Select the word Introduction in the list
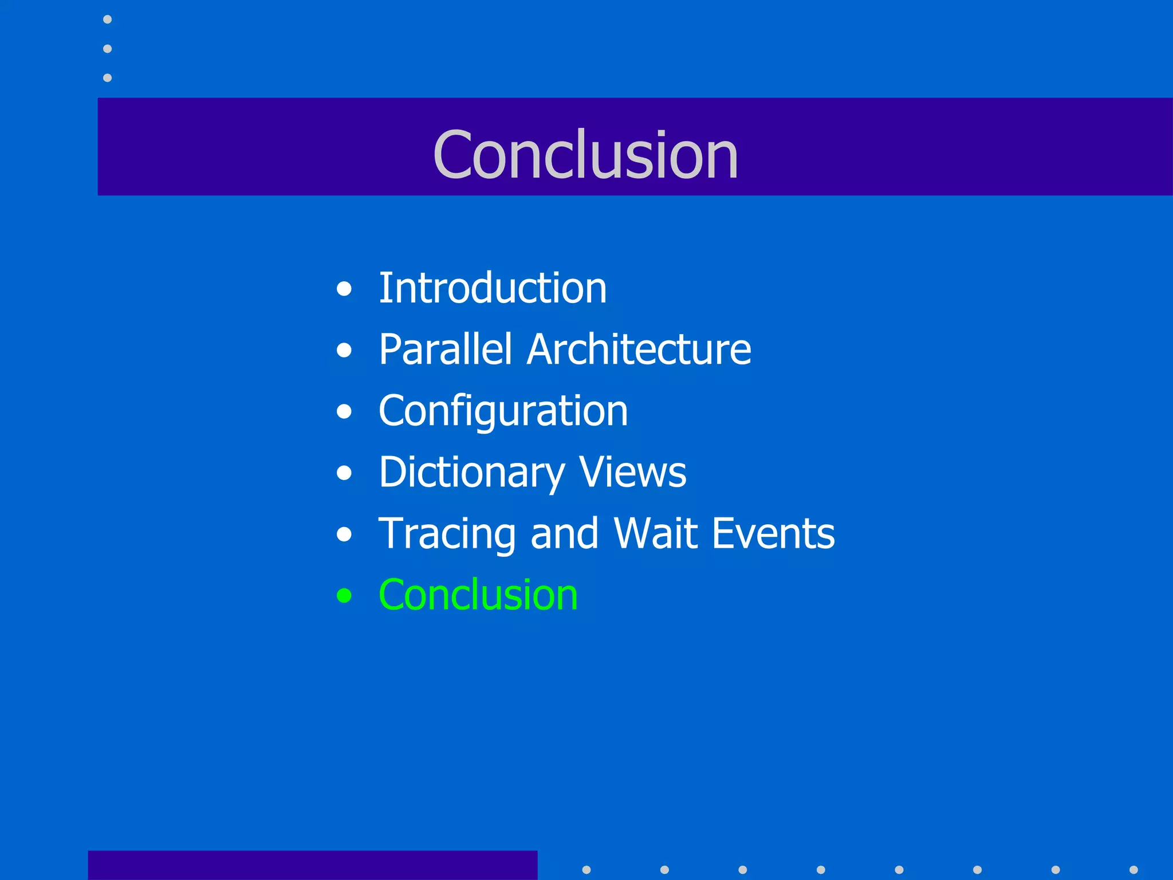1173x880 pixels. click(x=493, y=288)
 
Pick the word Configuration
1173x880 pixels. click(x=503, y=411)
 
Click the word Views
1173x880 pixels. click(x=632, y=473)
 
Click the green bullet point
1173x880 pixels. click(x=344, y=596)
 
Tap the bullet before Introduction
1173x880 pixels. click(x=344, y=289)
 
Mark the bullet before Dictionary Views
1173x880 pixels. click(x=344, y=473)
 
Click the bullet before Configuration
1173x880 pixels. click(x=344, y=411)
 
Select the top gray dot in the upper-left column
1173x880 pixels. click(x=107, y=19)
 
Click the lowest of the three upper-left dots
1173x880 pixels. click(x=107, y=77)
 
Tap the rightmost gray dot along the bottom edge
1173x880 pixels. click(x=1133, y=870)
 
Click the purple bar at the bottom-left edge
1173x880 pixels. click(x=312, y=865)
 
